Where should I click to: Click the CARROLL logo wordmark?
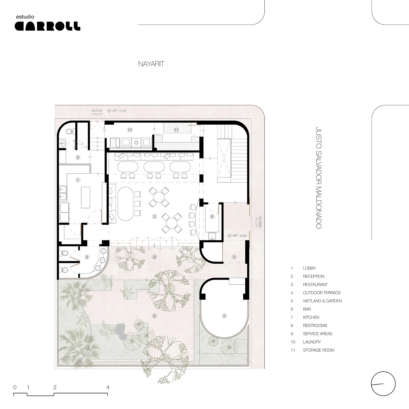(x=48, y=26)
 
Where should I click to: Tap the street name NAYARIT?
(x=151, y=64)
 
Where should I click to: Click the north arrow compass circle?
(x=383, y=383)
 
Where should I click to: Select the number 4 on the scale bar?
(x=108, y=387)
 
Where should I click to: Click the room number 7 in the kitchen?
(x=78, y=180)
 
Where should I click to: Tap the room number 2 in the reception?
(x=224, y=316)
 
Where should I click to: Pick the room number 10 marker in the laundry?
(x=130, y=130)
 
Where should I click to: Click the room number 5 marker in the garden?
(x=154, y=316)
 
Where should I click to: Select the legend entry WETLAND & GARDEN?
(x=322, y=301)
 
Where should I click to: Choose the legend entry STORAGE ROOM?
(x=319, y=350)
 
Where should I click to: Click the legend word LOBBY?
(x=309, y=268)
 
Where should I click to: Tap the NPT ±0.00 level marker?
(x=237, y=235)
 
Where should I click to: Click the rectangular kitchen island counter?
(x=86, y=197)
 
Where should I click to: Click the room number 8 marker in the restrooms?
(x=87, y=257)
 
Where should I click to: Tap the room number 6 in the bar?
(x=212, y=217)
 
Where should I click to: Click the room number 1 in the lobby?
(x=234, y=257)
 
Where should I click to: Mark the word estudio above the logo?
(x=25, y=17)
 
